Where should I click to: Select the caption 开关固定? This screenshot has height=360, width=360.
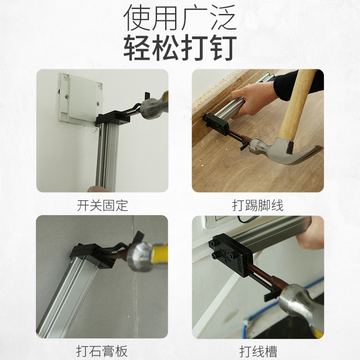click(x=103, y=206)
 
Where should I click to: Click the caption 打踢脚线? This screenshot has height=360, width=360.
click(x=258, y=206)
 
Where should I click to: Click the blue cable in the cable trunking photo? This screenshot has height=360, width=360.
click(x=310, y=288)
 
